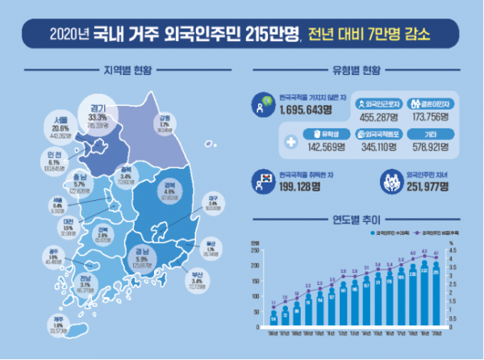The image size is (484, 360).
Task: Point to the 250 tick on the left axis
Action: point(257,251)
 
